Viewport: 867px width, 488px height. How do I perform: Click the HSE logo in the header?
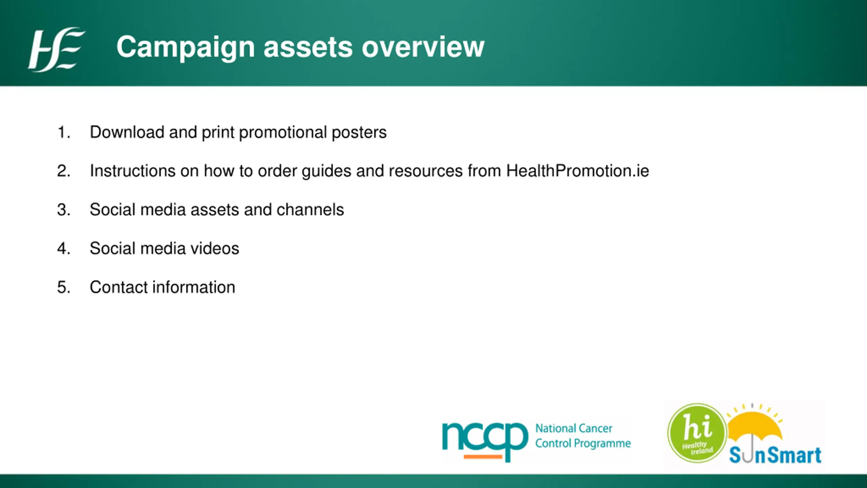point(56,49)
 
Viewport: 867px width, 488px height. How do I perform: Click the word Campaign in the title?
point(186,47)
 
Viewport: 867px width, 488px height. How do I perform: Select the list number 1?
point(64,132)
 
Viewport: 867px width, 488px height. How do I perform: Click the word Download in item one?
point(127,132)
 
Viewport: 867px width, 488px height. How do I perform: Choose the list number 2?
point(64,171)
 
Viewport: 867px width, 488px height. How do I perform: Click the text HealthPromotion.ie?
point(577,170)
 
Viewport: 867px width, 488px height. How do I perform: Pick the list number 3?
point(64,210)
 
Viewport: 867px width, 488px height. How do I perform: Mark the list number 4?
point(64,248)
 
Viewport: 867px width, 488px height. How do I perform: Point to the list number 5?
point(64,287)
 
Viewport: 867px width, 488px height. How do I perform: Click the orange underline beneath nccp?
point(483,457)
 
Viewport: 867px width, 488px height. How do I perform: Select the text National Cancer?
point(574,428)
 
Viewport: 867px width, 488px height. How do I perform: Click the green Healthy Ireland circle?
point(697,433)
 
